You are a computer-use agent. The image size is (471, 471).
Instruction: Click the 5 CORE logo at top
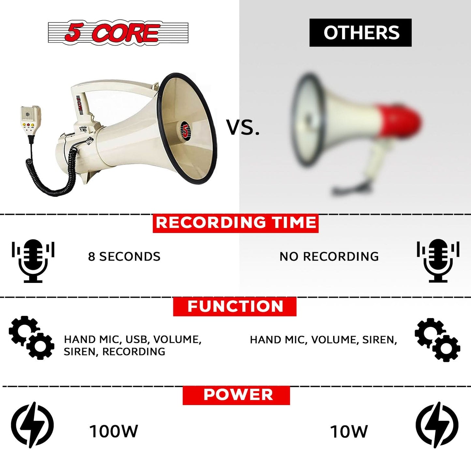(x=118, y=33)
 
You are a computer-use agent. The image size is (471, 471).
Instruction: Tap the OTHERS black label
(x=361, y=33)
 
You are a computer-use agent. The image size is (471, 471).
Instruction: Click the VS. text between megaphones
(x=243, y=127)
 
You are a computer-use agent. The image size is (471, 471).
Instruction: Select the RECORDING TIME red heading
(x=236, y=223)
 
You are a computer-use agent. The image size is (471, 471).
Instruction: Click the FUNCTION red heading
(x=235, y=306)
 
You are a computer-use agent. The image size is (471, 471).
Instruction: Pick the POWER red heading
(x=236, y=395)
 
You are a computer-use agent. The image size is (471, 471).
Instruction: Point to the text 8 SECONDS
(x=124, y=257)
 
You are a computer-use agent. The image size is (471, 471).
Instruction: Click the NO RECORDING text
(x=329, y=257)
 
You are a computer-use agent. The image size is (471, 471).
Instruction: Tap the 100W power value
(x=113, y=431)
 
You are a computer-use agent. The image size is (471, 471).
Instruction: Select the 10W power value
(x=349, y=432)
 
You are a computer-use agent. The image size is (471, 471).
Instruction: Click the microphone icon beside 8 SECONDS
(x=33, y=261)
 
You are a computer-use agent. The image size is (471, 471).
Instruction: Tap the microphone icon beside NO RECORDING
(x=438, y=261)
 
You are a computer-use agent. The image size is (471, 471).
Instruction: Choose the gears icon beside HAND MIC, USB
(x=31, y=338)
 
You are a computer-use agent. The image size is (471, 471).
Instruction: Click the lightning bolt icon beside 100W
(x=32, y=425)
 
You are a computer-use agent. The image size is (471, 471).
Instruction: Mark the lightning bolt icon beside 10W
(x=437, y=425)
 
